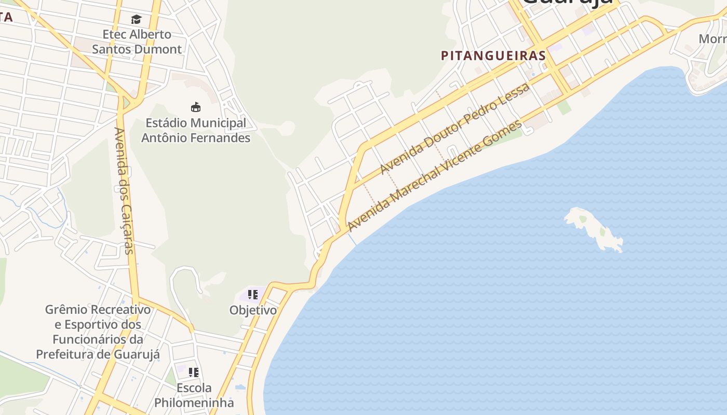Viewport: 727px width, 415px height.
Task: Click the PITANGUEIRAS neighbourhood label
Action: tap(493, 56)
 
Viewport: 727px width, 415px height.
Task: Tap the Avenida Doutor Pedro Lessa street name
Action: tap(455, 129)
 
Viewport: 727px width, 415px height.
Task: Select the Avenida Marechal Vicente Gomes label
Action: tap(435, 176)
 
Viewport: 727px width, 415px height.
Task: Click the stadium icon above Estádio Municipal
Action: tap(196, 107)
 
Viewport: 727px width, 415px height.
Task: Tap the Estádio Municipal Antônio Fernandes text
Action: tap(196, 131)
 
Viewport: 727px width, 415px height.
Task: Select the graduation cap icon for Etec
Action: tap(136, 20)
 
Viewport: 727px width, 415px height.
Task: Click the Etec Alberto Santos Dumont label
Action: tap(137, 42)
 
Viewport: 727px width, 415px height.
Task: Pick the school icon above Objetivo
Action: tap(253, 295)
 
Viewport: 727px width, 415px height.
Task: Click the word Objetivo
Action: tap(253, 310)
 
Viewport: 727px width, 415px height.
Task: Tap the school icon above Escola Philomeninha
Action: tap(194, 372)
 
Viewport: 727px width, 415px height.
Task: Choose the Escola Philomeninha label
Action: tap(194, 395)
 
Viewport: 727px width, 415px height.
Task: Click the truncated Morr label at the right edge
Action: tap(712, 39)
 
